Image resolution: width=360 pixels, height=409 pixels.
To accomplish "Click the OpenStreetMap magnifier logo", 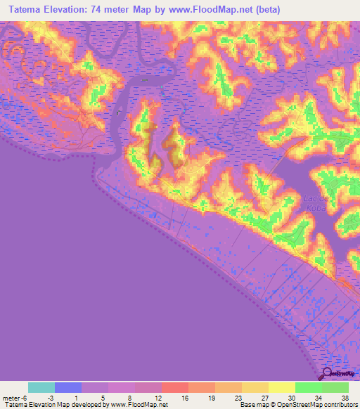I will pos(328,375).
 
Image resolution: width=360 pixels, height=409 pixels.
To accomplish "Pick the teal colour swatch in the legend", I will pos(41,387).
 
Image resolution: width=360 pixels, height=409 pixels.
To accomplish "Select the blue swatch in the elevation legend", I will pos(68,387).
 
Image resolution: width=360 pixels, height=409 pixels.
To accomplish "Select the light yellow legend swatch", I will pos(281,387).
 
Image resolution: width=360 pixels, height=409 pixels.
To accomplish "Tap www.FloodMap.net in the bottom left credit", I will pos(138,405).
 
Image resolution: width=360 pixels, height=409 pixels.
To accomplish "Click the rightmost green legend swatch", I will pos(335,387).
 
